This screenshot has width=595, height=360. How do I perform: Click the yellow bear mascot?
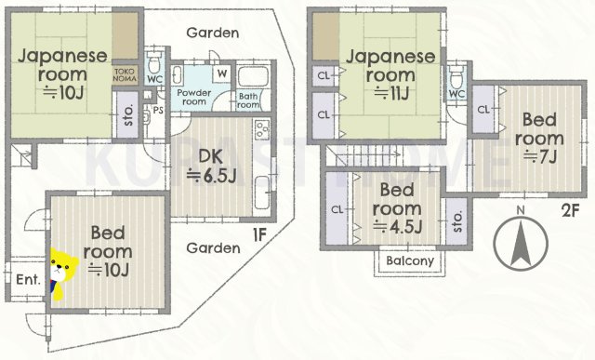pos(63,273)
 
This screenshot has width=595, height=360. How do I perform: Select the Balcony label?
pos(410,261)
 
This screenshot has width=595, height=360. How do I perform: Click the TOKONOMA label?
pos(126,74)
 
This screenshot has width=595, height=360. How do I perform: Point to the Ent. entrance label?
pos(27,278)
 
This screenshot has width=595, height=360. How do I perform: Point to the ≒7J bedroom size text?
pos(540,155)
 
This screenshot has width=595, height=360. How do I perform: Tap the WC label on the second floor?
pos(456,94)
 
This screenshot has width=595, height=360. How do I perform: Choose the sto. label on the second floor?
pos(456,220)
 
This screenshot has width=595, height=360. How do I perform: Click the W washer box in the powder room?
pos(221,73)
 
